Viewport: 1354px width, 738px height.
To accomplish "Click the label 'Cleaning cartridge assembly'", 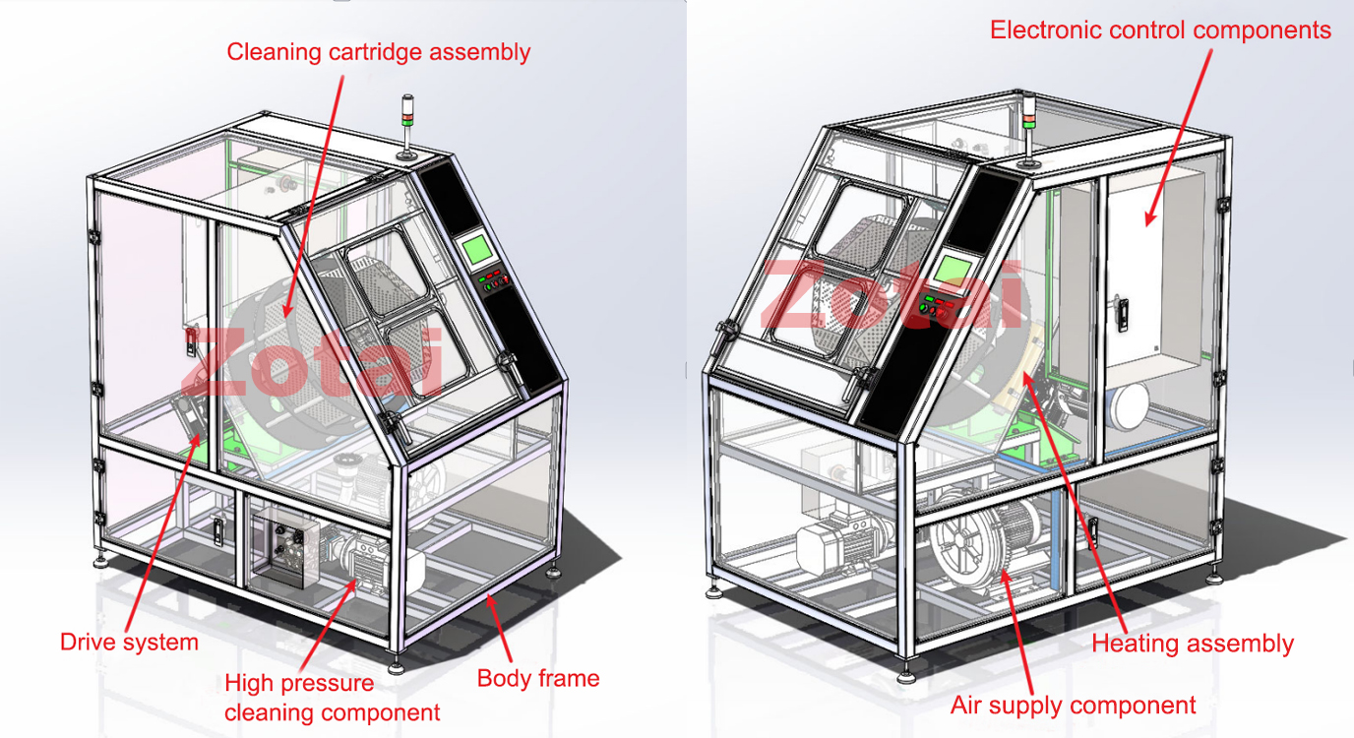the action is (x=379, y=52).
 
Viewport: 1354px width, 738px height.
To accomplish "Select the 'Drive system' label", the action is (x=129, y=642).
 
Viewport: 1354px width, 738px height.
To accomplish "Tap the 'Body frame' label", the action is (x=538, y=679).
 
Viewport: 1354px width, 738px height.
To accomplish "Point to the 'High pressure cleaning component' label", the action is (x=332, y=698).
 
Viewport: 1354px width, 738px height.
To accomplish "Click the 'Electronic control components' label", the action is (x=1160, y=31).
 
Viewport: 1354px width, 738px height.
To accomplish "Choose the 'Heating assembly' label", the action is (x=1193, y=644).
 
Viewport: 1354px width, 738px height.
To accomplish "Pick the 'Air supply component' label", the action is (x=1073, y=706).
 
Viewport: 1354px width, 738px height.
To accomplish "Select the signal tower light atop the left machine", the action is (x=408, y=126).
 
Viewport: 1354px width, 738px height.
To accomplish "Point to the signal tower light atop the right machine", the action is (x=1028, y=129).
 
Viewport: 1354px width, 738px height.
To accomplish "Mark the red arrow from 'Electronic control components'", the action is (x=1179, y=137).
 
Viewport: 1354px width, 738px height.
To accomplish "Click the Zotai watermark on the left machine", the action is (x=313, y=363).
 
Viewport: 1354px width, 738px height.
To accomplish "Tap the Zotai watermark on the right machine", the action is (x=892, y=294).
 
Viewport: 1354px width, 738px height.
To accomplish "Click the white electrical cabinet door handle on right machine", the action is (x=1123, y=313).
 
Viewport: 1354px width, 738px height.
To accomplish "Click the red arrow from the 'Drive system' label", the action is (x=163, y=532).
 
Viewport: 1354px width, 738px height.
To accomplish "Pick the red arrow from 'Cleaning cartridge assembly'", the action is (x=313, y=197).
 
